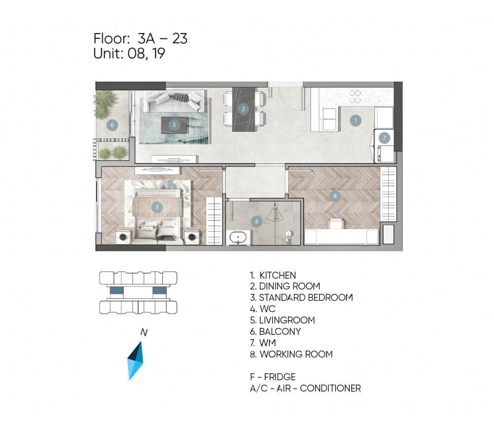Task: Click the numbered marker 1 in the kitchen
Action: [355, 120]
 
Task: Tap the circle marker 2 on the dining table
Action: [243, 109]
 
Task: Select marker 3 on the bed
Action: [157, 207]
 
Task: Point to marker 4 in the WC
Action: [256, 222]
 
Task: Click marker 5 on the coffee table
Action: [174, 125]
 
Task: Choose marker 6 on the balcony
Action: [112, 125]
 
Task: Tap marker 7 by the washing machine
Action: [384, 138]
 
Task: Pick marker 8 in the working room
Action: [335, 196]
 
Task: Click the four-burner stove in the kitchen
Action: [355, 97]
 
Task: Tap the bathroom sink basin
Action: [238, 238]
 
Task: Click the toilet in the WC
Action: [288, 237]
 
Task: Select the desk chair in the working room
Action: [336, 223]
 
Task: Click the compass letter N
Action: [144, 332]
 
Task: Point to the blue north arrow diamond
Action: [135, 361]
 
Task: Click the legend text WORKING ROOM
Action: [296, 355]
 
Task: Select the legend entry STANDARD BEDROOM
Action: [301, 297]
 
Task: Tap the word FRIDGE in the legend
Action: [280, 377]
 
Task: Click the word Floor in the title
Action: [112, 38]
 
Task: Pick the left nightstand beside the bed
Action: [123, 237]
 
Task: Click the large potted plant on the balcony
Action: [105, 105]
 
